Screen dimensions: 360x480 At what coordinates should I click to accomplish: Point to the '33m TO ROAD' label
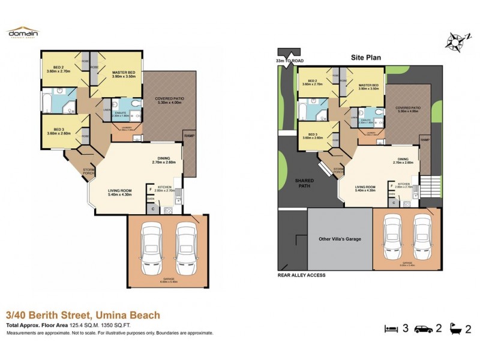tap(286, 61)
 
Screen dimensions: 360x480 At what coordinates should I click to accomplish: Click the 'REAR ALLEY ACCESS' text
tap(301, 275)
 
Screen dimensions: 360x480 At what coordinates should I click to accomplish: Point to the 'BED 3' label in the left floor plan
tap(58, 131)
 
